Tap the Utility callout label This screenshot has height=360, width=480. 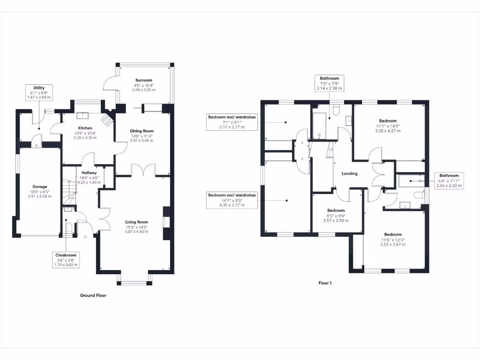(x=39, y=92)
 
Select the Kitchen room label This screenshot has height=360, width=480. (x=85, y=128)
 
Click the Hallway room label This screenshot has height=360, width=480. (x=88, y=172)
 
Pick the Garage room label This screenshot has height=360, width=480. (x=39, y=187)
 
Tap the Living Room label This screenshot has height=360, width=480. (x=136, y=222)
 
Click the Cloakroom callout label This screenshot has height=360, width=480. (x=66, y=260)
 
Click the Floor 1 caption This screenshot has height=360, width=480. (x=325, y=283)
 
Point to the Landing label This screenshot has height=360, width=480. (x=349, y=173)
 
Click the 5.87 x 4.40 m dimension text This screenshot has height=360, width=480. (x=136, y=232)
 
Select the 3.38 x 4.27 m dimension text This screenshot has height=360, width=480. (x=388, y=131)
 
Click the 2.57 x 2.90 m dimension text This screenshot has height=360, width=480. (x=336, y=220)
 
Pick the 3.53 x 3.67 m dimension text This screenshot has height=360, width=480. (x=392, y=244)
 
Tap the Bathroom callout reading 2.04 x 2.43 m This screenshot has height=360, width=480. (x=449, y=180)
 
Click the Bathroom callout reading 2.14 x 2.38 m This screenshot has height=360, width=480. (x=330, y=83)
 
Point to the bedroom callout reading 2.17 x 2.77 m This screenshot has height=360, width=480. (x=232, y=121)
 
